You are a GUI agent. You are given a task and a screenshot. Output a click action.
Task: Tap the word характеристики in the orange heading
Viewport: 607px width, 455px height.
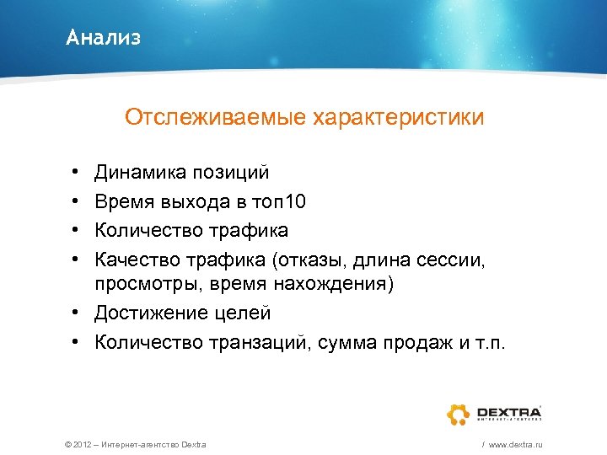point(399,117)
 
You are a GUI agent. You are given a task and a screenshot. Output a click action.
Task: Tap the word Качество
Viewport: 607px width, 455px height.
point(136,258)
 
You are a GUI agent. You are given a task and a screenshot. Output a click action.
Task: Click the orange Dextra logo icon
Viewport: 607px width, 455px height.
point(458,414)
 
